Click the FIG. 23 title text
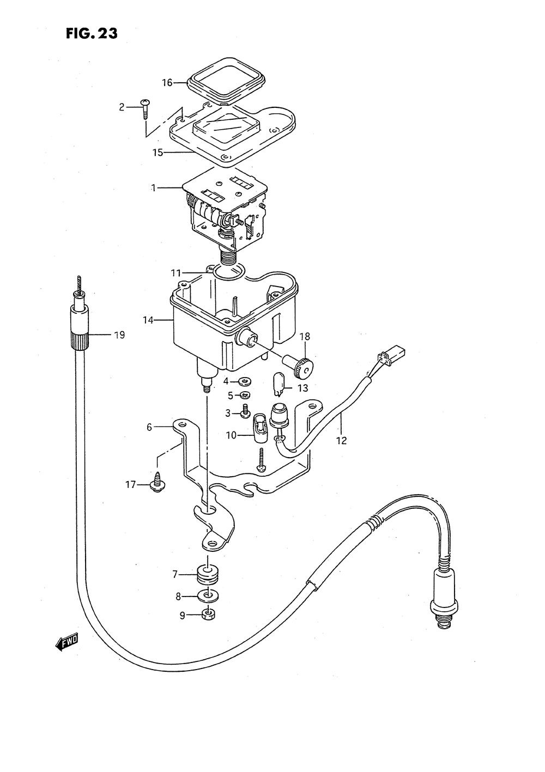92,34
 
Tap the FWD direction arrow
67,643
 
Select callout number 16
167,83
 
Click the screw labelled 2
146,108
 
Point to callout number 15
158,153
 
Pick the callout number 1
154,188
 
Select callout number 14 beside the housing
148,320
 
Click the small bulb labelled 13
277,384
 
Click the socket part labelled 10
259,429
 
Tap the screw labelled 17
158,482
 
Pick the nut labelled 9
208,615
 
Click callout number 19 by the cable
119,335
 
